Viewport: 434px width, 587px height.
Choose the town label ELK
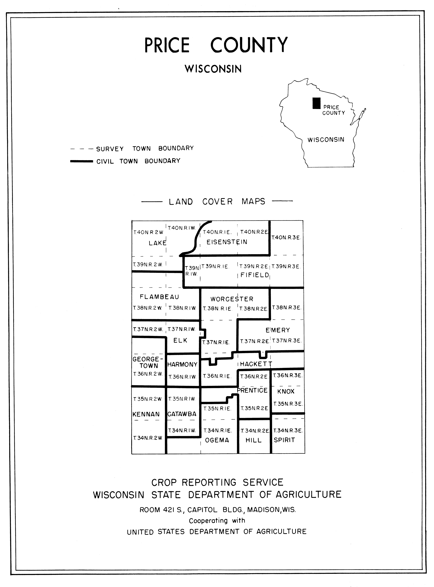180,340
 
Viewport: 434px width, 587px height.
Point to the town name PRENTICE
252,390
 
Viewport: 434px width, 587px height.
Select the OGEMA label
217,440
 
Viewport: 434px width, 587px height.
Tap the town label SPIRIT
284,440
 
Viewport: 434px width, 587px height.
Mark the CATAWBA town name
182,414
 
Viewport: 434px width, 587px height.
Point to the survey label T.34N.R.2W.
148,438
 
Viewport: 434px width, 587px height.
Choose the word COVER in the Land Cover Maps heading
217,202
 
